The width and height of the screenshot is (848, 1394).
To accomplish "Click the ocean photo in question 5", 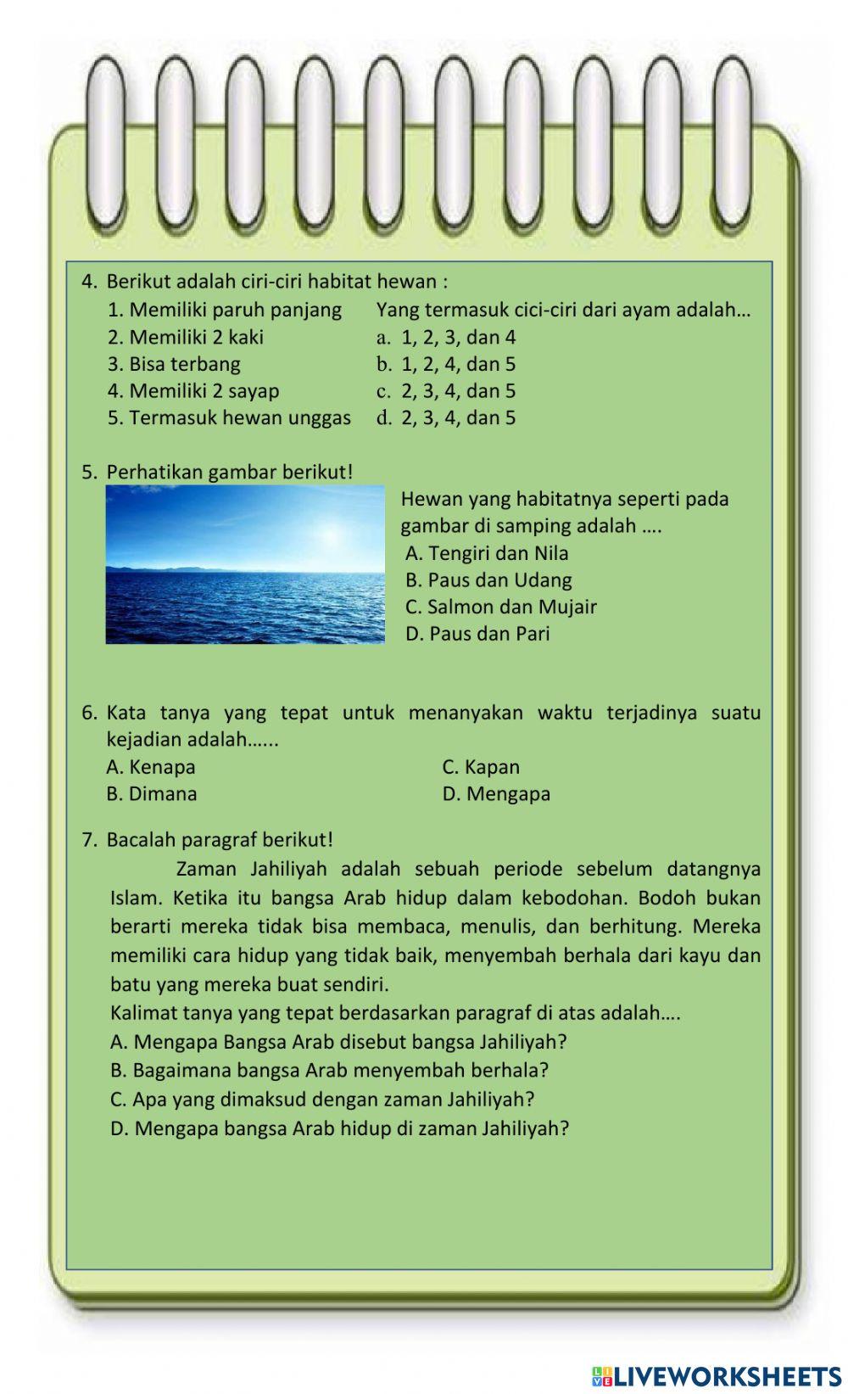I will (x=244, y=564).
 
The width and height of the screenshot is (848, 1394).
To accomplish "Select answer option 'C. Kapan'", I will (x=481, y=767).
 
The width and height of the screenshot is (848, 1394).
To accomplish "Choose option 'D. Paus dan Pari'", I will (x=477, y=634).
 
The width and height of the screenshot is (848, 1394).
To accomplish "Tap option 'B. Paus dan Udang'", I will (x=488, y=580).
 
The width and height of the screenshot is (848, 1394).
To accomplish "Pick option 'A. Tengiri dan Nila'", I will (x=487, y=553).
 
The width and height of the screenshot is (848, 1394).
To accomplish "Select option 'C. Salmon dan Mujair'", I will (x=500, y=607).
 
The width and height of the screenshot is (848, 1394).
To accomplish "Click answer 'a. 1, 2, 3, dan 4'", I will (x=446, y=338).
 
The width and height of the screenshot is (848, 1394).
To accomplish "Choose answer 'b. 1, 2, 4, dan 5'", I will (x=446, y=365).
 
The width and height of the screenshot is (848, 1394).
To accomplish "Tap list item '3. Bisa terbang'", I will (x=174, y=365).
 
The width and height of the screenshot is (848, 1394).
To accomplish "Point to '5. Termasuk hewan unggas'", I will (x=229, y=418).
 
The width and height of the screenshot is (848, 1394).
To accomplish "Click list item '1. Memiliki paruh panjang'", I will (x=225, y=310).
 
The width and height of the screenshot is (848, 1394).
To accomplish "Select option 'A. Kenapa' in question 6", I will (x=151, y=767).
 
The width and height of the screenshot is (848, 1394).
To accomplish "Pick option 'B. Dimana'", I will (x=152, y=794).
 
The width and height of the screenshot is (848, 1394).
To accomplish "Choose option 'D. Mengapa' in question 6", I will (x=496, y=794).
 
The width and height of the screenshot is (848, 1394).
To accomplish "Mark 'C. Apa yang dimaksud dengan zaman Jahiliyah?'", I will (x=322, y=1100).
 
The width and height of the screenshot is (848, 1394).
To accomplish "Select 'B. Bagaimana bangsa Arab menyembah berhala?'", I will (x=330, y=1071).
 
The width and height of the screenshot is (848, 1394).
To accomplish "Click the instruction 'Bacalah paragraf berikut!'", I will (x=220, y=840).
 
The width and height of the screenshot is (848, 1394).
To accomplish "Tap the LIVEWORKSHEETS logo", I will (x=716, y=1376).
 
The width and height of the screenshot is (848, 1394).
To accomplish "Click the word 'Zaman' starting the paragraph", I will (x=204, y=869).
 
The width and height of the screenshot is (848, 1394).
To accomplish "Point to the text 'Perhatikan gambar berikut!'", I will (x=229, y=472).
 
